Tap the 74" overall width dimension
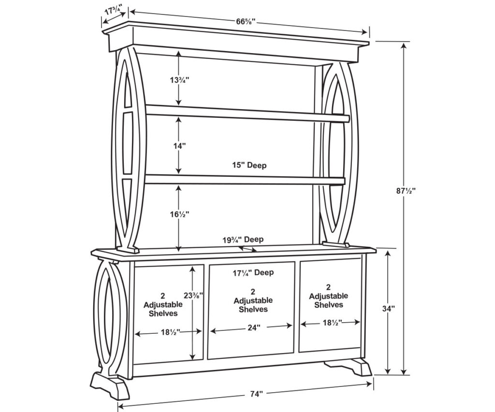pyautogui.click(x=257, y=394)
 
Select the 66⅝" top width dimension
pyautogui.click(x=246, y=22)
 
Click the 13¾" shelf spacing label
pyautogui.click(x=178, y=80)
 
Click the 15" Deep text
pyautogui.click(x=248, y=165)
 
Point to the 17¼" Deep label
pyautogui.click(x=254, y=273)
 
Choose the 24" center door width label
pyautogui.click(x=251, y=327)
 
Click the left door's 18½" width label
pyautogui.click(x=169, y=332)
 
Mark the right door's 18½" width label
pyautogui.click(x=331, y=322)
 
